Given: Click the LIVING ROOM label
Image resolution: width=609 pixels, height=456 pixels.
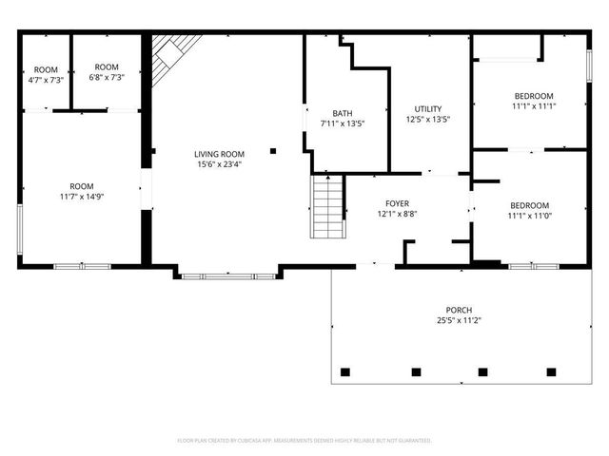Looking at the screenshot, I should [219, 154].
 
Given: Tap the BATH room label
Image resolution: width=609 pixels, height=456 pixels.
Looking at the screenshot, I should [342, 113].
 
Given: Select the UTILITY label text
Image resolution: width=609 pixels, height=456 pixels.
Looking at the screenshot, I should [427, 108].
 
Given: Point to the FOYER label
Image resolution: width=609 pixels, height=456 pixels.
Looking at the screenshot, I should [397, 204].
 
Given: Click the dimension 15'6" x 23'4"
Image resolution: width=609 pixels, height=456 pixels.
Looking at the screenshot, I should [219, 164].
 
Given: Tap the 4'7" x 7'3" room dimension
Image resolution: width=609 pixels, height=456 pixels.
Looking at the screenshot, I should [46, 80].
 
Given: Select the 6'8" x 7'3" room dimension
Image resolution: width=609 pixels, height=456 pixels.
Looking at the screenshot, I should [106, 78].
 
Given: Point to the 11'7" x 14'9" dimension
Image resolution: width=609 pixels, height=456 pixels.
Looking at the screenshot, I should [82, 197].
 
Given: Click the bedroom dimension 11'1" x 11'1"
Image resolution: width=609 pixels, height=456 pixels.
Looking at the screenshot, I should [533, 106].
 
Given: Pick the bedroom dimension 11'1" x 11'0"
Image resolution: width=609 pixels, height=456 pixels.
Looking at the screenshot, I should [529, 217].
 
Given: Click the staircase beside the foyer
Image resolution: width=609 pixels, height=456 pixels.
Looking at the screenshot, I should [327, 207].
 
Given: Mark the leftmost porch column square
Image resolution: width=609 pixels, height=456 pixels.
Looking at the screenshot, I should [345, 370].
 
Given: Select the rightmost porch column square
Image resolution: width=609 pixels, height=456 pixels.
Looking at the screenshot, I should [551, 370].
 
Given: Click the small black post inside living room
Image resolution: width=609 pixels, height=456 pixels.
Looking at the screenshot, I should [272, 150].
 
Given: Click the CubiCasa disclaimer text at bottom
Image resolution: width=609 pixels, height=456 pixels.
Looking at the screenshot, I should [304, 441].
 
